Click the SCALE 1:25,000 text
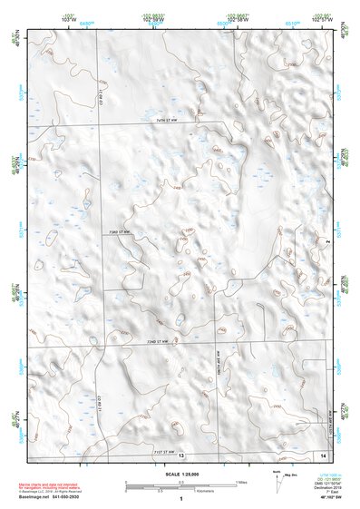[180, 474]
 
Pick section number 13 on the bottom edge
[181, 455]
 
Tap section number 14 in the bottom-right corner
[324, 454]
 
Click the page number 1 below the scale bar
[181, 498]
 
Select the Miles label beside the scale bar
[240, 481]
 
